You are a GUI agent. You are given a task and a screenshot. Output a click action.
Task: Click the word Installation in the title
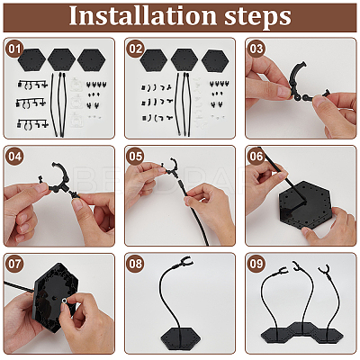click(143, 15)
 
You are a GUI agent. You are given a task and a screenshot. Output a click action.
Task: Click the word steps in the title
click(257, 17)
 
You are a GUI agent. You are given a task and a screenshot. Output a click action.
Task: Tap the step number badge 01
click(14, 49)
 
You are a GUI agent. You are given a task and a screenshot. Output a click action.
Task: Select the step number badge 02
click(135, 49)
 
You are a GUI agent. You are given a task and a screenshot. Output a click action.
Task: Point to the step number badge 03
click(256, 49)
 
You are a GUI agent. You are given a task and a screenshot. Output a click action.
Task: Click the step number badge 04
click(14, 157)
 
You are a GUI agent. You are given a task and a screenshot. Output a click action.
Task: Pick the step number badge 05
click(135, 157)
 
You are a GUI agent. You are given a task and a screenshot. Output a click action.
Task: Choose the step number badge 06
click(256, 157)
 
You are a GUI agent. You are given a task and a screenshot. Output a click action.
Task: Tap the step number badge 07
click(14, 264)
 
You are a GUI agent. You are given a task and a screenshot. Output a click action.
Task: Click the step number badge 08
click(135, 264)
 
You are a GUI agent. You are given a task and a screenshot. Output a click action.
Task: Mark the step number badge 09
click(256, 264)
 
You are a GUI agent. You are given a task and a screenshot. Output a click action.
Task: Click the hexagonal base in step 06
click(303, 204)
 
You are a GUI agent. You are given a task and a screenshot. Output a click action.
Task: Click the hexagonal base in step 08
click(180, 337)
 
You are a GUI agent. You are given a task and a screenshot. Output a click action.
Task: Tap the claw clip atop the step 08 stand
click(183, 262)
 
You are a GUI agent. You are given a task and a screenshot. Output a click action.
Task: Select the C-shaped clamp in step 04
click(60, 179)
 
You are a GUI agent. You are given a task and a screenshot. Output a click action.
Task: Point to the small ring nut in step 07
click(65, 300)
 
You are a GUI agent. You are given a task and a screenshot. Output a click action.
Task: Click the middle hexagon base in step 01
click(61, 59)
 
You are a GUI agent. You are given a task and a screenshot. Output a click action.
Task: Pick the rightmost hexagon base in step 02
click(213, 61)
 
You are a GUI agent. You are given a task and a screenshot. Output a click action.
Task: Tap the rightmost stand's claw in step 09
click(325, 269)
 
